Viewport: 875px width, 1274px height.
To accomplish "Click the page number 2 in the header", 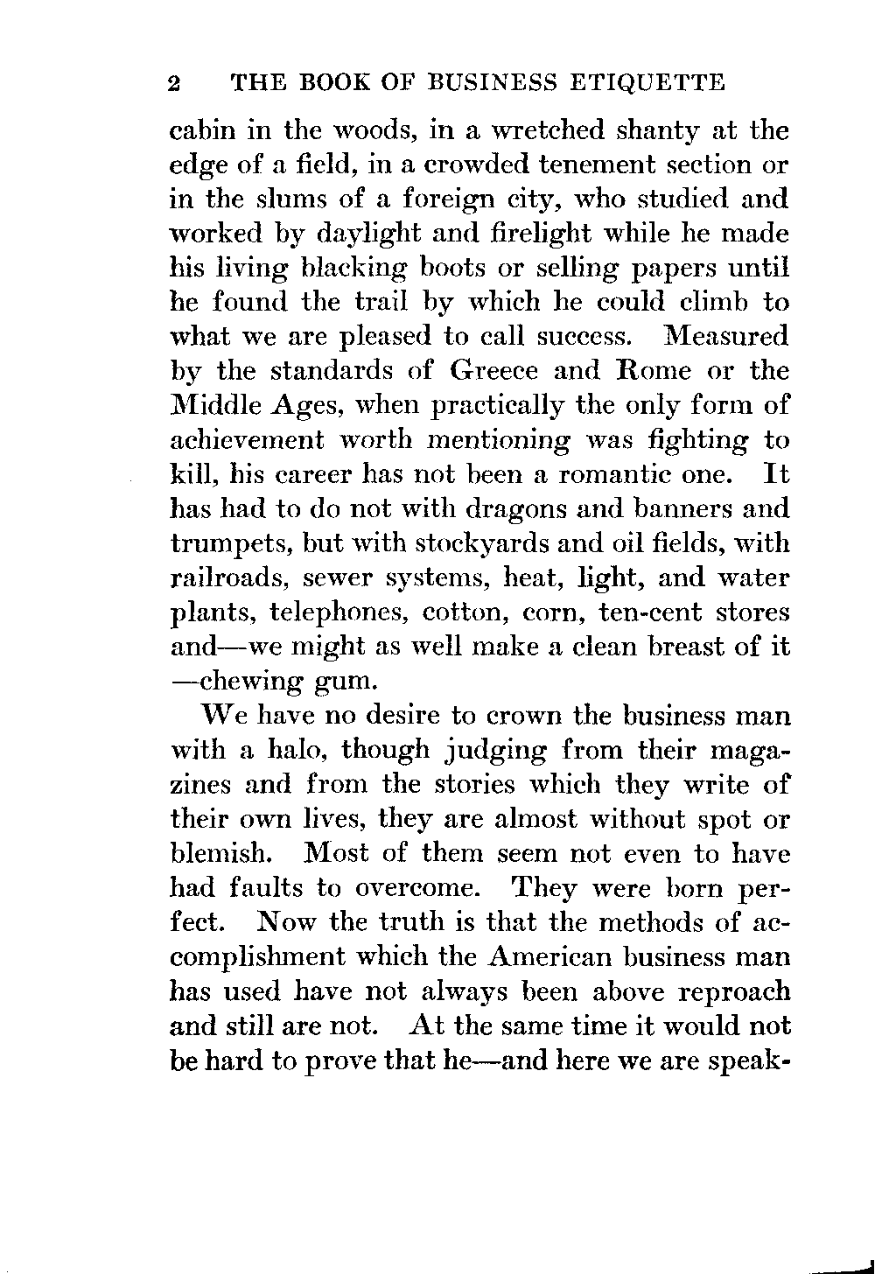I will (173, 84).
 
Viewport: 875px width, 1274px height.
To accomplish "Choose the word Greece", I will (495, 371).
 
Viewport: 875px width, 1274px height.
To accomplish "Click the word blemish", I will (216, 852).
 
